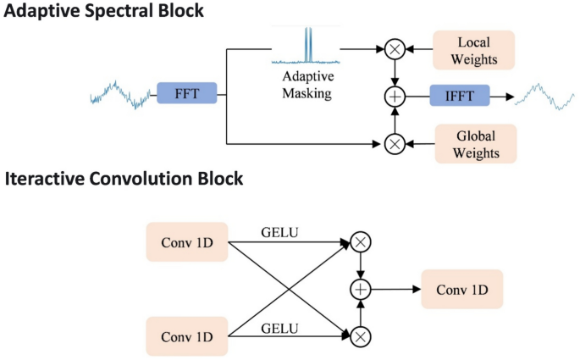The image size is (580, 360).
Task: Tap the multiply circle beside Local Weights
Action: click(x=394, y=50)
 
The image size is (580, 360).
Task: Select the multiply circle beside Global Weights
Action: click(x=394, y=143)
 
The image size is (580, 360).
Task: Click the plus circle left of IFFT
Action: click(x=394, y=96)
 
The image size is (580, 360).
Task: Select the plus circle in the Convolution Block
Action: click(x=362, y=290)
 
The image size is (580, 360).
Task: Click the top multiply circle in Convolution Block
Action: click(x=362, y=243)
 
